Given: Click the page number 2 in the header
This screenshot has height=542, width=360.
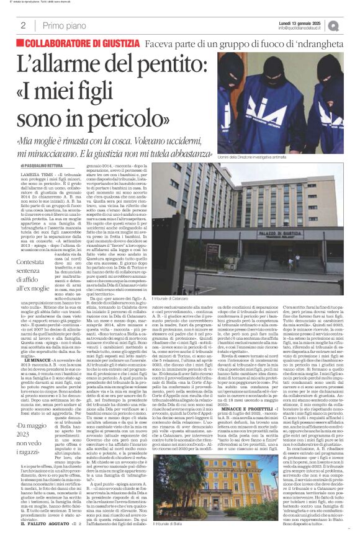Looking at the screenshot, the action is [x=22, y=25].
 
